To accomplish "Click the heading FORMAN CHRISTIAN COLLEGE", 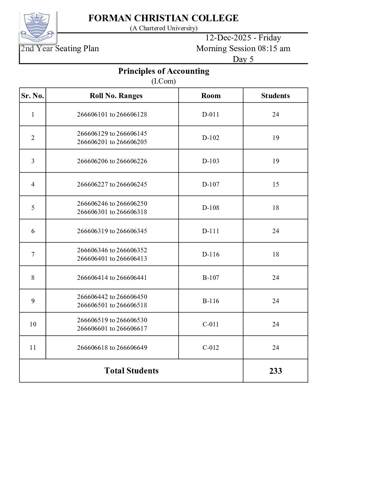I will [163, 18].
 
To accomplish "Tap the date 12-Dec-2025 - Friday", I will [243, 38].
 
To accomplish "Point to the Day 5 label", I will [243, 59].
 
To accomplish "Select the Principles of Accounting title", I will [164, 71].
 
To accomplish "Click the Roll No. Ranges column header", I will [116, 96].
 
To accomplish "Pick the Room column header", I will [211, 96].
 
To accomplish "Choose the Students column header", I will [275, 96].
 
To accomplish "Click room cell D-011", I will [211, 114].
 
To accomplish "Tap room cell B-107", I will [211, 278].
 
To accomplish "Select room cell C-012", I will [211, 348].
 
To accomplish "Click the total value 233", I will [275, 371].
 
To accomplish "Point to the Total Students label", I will [131, 371].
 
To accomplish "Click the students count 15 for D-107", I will [275, 184].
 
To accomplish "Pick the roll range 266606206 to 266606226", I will [112, 161].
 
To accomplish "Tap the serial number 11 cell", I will [33, 348].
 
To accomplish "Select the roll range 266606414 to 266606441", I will [112, 278].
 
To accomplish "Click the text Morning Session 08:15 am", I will [243, 48].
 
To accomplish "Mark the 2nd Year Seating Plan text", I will [60, 48].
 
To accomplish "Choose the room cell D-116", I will [211, 254].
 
